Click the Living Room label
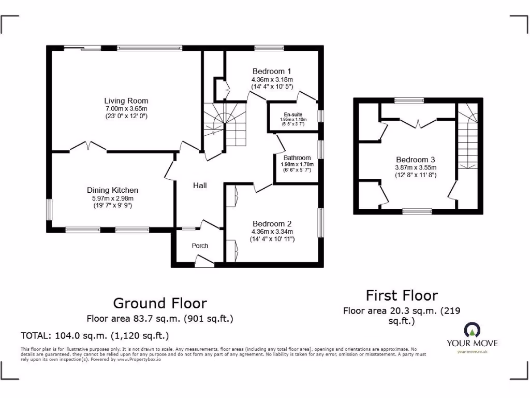pyautogui.click(x=126, y=101)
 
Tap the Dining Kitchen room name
pyautogui.click(x=112, y=190)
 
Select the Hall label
pyautogui.click(x=200, y=185)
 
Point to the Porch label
pyautogui.click(x=200, y=246)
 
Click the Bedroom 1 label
pyautogui.click(x=272, y=71)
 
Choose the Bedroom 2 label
pyautogui.click(x=272, y=223)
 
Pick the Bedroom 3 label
pyautogui.click(x=416, y=160)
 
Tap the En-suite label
pyautogui.click(x=293, y=115)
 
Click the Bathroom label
pyautogui.click(x=297, y=158)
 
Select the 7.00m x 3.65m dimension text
pyautogui.click(x=126, y=109)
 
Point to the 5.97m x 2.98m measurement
pyautogui.click(x=112, y=198)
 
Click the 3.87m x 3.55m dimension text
pyautogui.click(x=416, y=167)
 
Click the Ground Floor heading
pyautogui.click(x=160, y=303)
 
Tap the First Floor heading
pyautogui.click(x=402, y=295)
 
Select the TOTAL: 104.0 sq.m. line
pyautogui.click(x=95, y=335)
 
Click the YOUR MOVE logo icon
pyautogui.click(x=472, y=330)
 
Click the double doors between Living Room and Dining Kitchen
pyautogui.click(x=88, y=147)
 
